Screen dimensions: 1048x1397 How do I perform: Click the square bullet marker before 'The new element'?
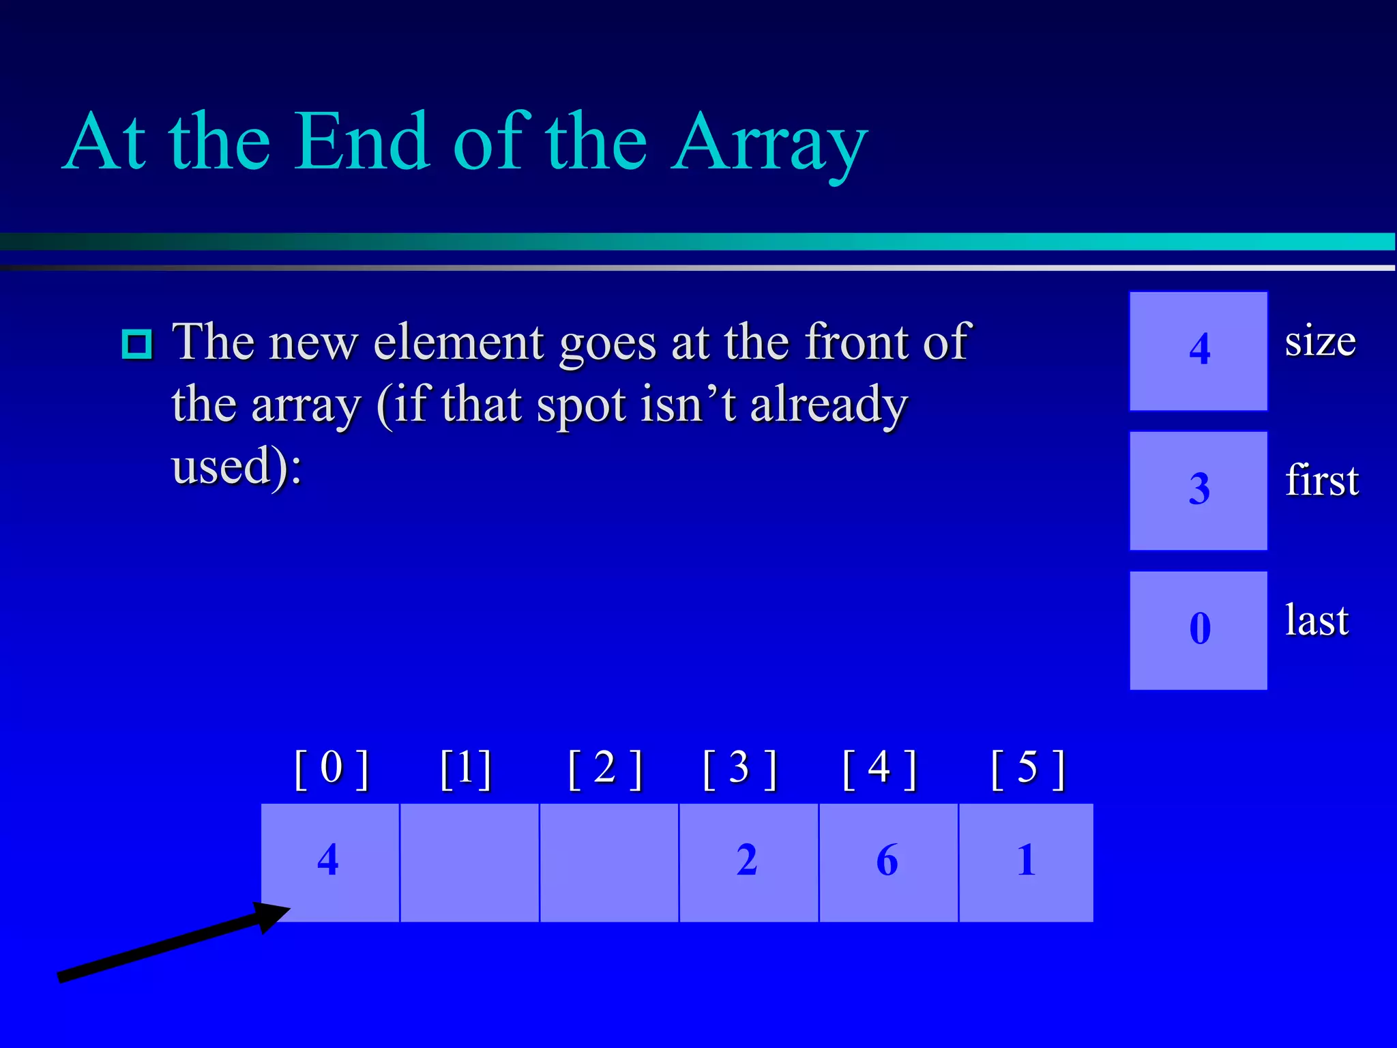click(x=137, y=345)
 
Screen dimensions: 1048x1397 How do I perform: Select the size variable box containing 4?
click(x=1199, y=351)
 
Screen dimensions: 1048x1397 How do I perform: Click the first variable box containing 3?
click(x=1199, y=491)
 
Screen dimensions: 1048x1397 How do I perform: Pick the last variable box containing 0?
click(x=1199, y=630)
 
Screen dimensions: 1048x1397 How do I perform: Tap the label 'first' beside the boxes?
click(x=1321, y=480)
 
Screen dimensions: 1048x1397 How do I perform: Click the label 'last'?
click(x=1317, y=620)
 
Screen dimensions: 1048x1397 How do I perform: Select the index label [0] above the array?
click(x=332, y=769)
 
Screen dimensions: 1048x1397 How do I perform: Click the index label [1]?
click(x=466, y=769)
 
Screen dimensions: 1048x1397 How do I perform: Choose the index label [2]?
click(x=605, y=769)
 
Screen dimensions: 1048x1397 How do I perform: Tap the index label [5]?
click(x=1027, y=769)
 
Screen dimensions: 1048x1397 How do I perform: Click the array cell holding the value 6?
click(x=887, y=862)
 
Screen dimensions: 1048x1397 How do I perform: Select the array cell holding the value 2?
click(x=748, y=862)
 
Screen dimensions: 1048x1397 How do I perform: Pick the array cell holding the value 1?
click(x=1026, y=862)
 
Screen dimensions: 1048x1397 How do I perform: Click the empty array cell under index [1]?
click(x=469, y=862)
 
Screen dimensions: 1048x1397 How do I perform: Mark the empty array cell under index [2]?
click(x=609, y=862)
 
